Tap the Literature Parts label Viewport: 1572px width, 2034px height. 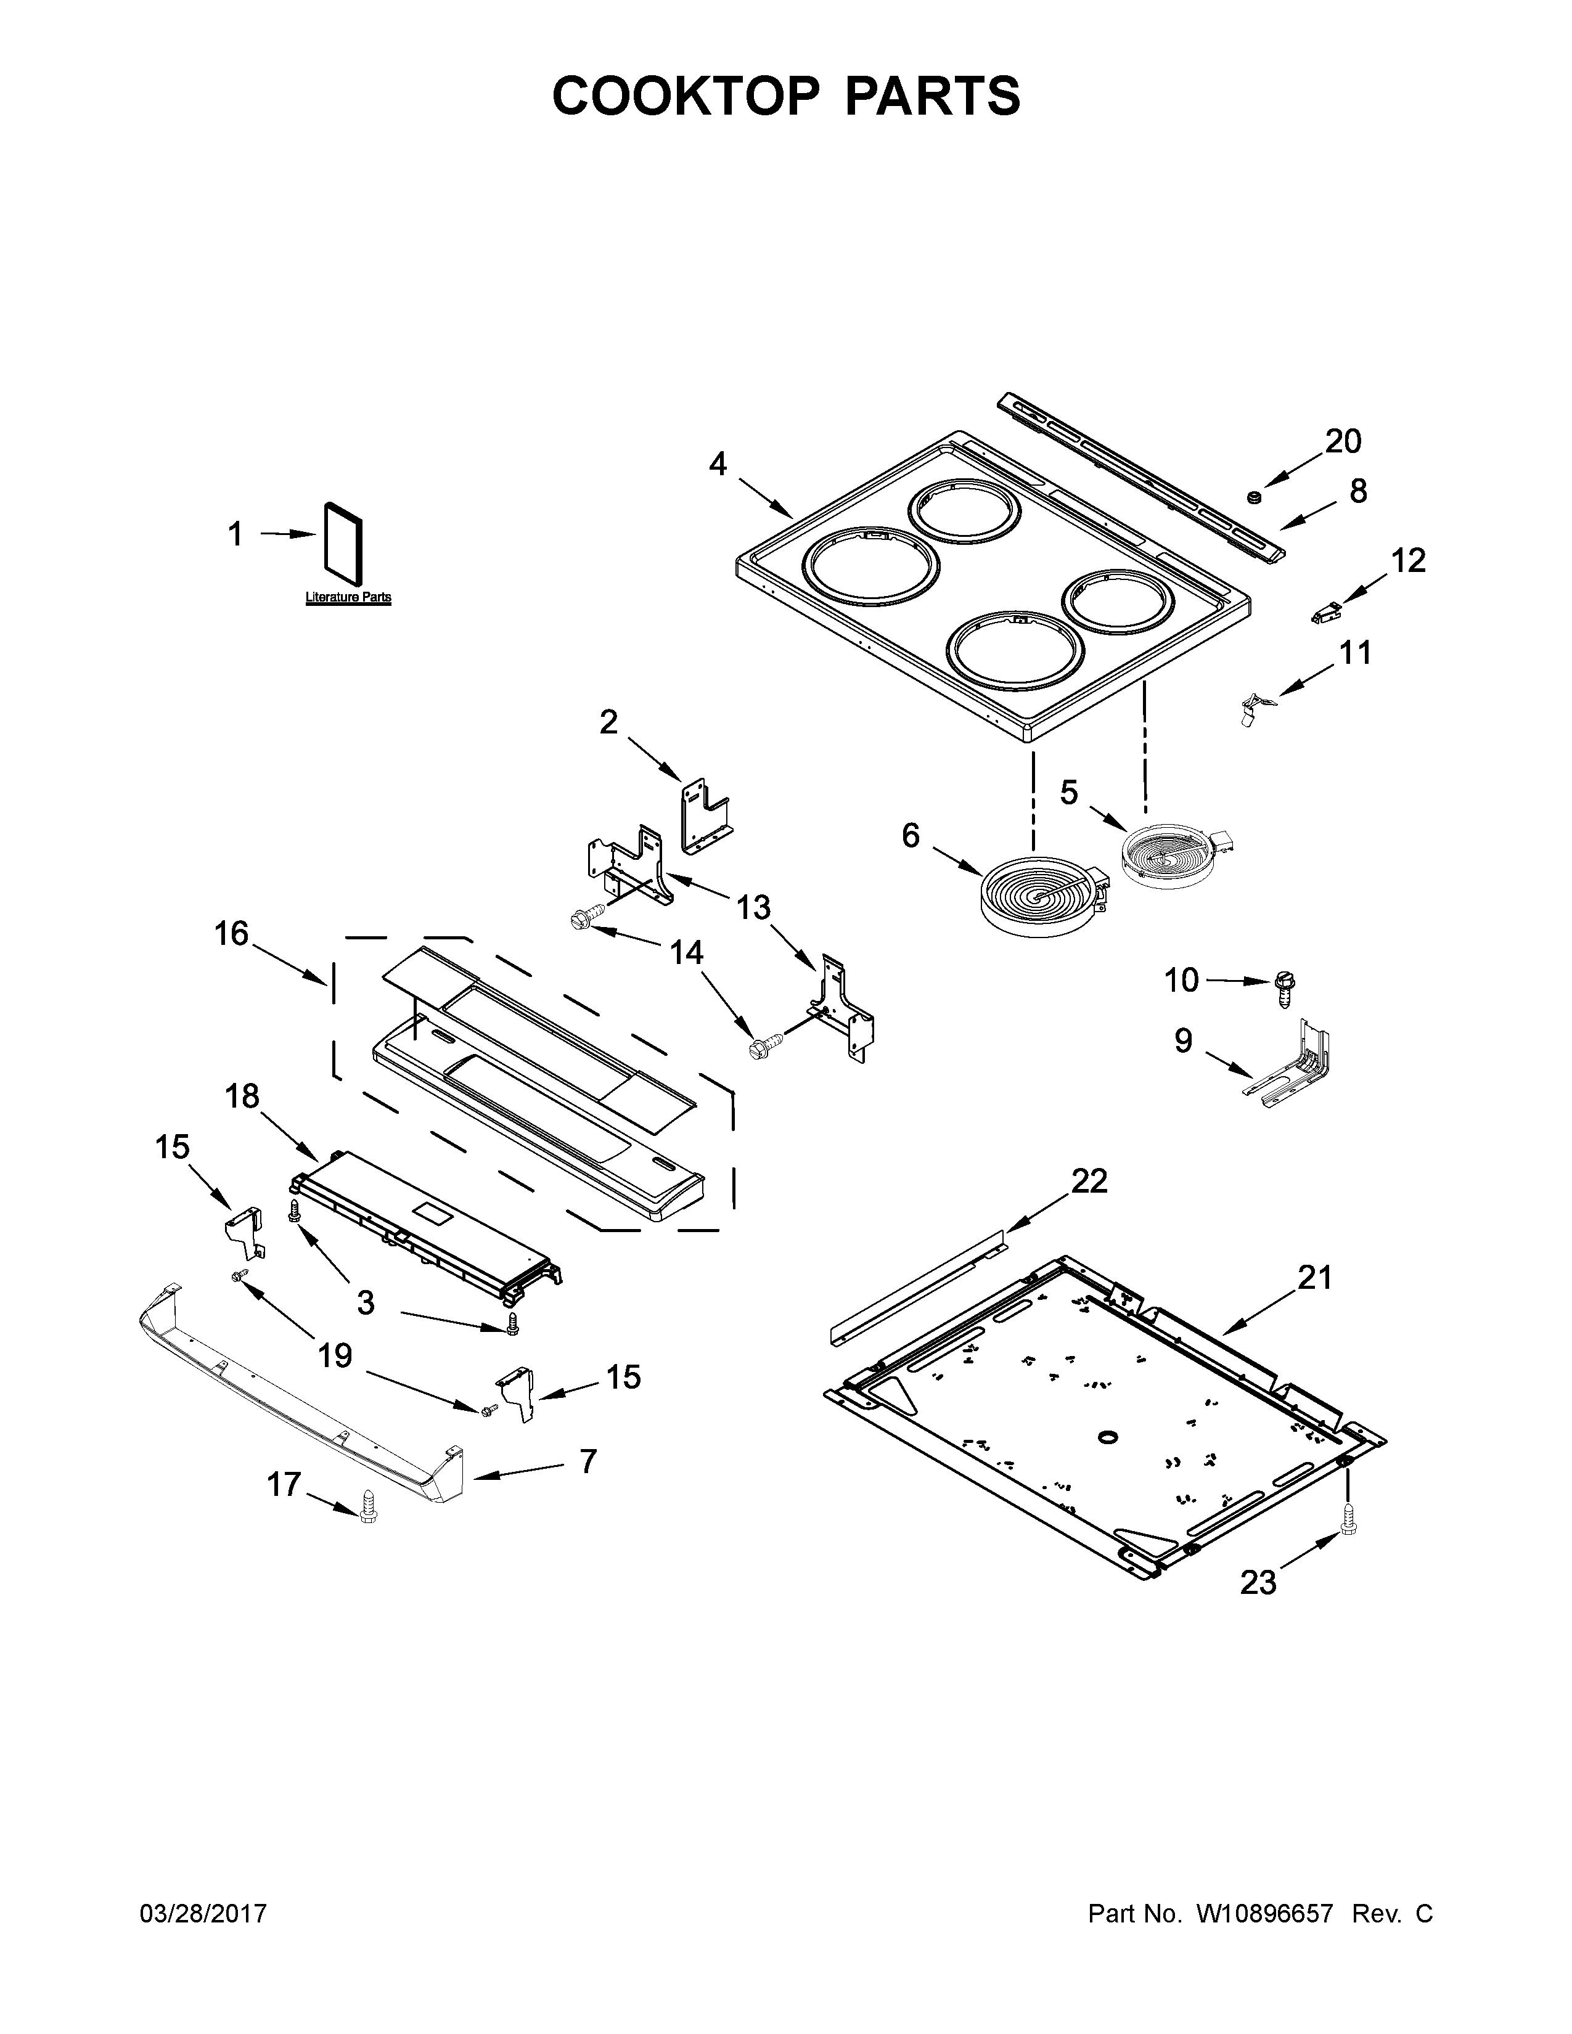348,597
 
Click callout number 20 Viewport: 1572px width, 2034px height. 1343,441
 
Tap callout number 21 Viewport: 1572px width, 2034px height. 1315,1278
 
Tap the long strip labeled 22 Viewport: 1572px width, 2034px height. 917,1288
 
